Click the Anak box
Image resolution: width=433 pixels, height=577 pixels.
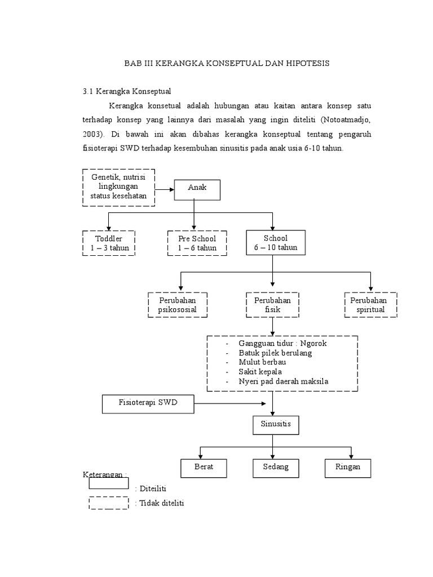pos(197,190)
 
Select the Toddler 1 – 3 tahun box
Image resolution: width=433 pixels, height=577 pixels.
pos(109,243)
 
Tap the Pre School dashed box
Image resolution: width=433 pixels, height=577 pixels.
pos(197,243)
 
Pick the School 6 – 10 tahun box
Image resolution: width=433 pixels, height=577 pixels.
pos(276,243)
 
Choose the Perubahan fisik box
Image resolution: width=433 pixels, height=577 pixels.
pos(272,305)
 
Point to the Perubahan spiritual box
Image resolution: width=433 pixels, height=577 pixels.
pos(370,305)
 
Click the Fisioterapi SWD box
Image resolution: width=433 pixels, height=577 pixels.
pos(148,403)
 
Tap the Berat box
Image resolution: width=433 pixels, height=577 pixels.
pos(203,468)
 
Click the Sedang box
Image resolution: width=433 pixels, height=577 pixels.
pos(276,468)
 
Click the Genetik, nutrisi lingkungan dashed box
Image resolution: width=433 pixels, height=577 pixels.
pos(118,187)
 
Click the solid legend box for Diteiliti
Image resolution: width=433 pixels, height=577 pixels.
pos(108,483)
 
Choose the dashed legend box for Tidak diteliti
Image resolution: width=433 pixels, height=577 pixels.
pos(108,502)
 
